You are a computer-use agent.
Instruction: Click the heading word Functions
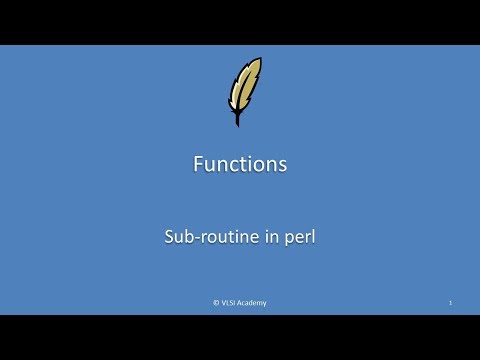pyautogui.click(x=240, y=164)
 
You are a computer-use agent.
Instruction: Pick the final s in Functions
pyautogui.click(x=283, y=165)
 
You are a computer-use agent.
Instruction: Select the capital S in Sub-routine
pyautogui.click(x=170, y=240)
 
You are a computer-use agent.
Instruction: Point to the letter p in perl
pyautogui.click(x=283, y=242)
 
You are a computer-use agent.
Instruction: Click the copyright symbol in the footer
pyautogui.click(x=215, y=303)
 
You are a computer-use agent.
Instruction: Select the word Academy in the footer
pyautogui.click(x=253, y=303)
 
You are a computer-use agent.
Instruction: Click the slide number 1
pyautogui.click(x=451, y=303)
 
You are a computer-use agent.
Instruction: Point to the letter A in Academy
pyautogui.click(x=241, y=303)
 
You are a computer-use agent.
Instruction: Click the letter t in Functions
pyautogui.click(x=247, y=164)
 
